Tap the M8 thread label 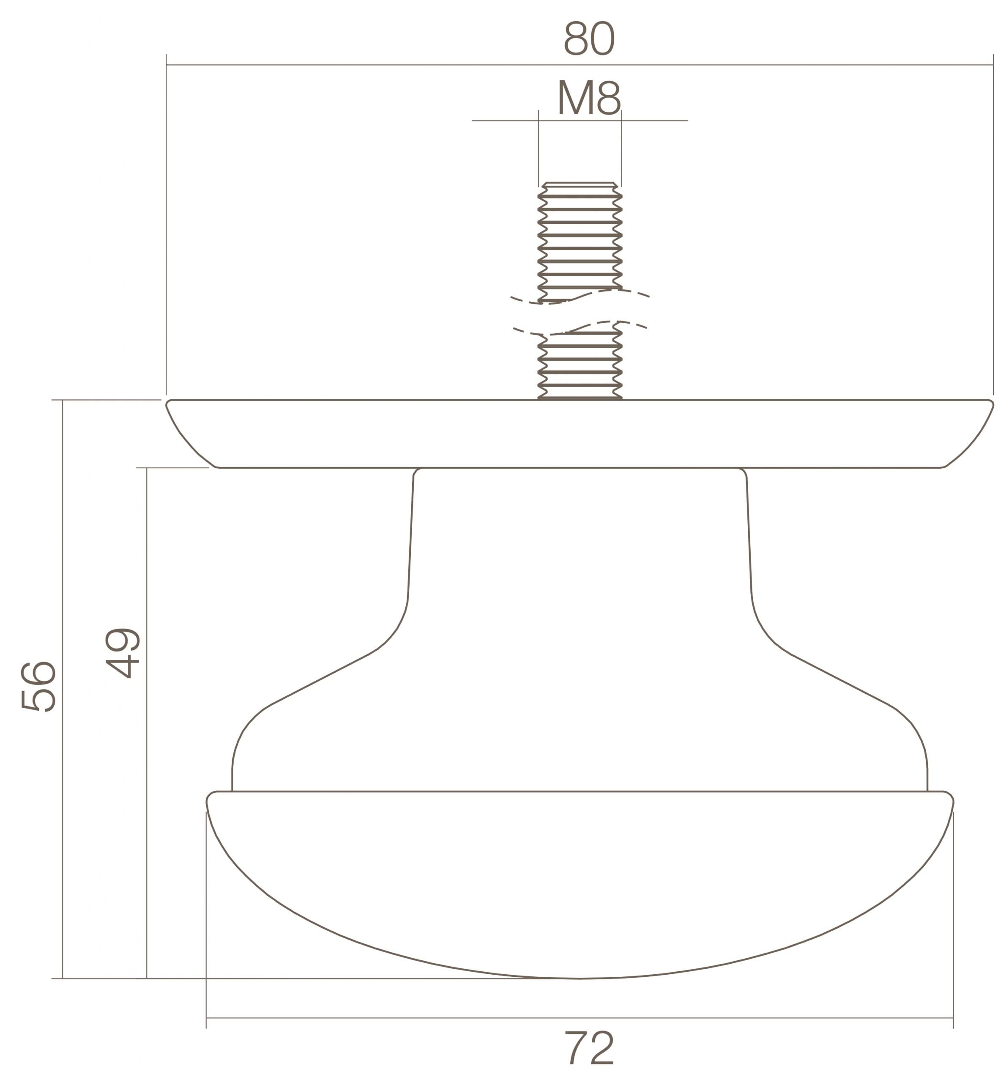(589, 97)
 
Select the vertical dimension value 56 (38, 686)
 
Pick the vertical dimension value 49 (123, 653)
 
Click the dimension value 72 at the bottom (589, 1048)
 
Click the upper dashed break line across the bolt (580, 297)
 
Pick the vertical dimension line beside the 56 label (63, 540)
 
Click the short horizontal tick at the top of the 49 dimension (173, 467)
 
